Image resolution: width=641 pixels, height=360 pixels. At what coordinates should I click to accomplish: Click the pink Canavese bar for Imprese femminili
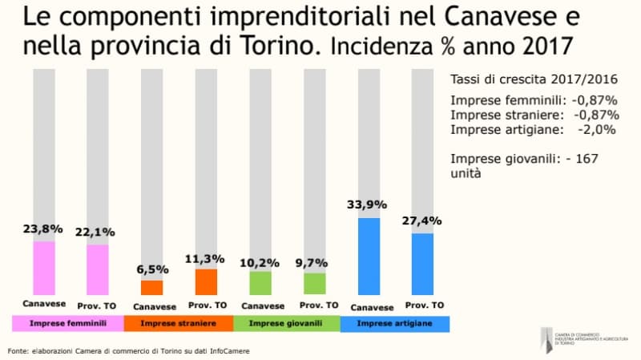(44, 268)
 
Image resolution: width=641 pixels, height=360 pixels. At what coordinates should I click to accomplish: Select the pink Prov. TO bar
(98, 269)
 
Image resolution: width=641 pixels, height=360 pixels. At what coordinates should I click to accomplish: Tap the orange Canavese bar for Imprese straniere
(151, 287)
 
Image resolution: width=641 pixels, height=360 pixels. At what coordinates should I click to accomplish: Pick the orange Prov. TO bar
(206, 281)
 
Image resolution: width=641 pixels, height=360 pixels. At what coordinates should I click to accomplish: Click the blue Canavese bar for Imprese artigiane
(369, 257)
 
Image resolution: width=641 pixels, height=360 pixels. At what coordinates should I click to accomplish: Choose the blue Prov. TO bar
(421, 264)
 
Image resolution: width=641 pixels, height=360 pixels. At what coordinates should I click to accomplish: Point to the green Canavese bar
(260, 283)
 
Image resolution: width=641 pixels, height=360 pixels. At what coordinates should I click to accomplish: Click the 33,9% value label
(368, 204)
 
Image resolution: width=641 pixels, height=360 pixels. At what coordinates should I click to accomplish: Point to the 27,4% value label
(423, 220)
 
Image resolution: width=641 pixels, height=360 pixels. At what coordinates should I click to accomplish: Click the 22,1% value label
(97, 232)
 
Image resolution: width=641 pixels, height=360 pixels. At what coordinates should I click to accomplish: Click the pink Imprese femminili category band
(67, 323)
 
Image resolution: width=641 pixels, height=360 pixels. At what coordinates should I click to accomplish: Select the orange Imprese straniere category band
(178, 323)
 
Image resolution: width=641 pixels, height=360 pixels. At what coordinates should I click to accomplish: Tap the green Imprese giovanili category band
(286, 323)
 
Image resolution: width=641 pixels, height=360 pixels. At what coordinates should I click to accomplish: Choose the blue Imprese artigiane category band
(394, 323)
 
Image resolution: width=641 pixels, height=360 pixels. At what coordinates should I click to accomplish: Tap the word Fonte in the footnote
(18, 350)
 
